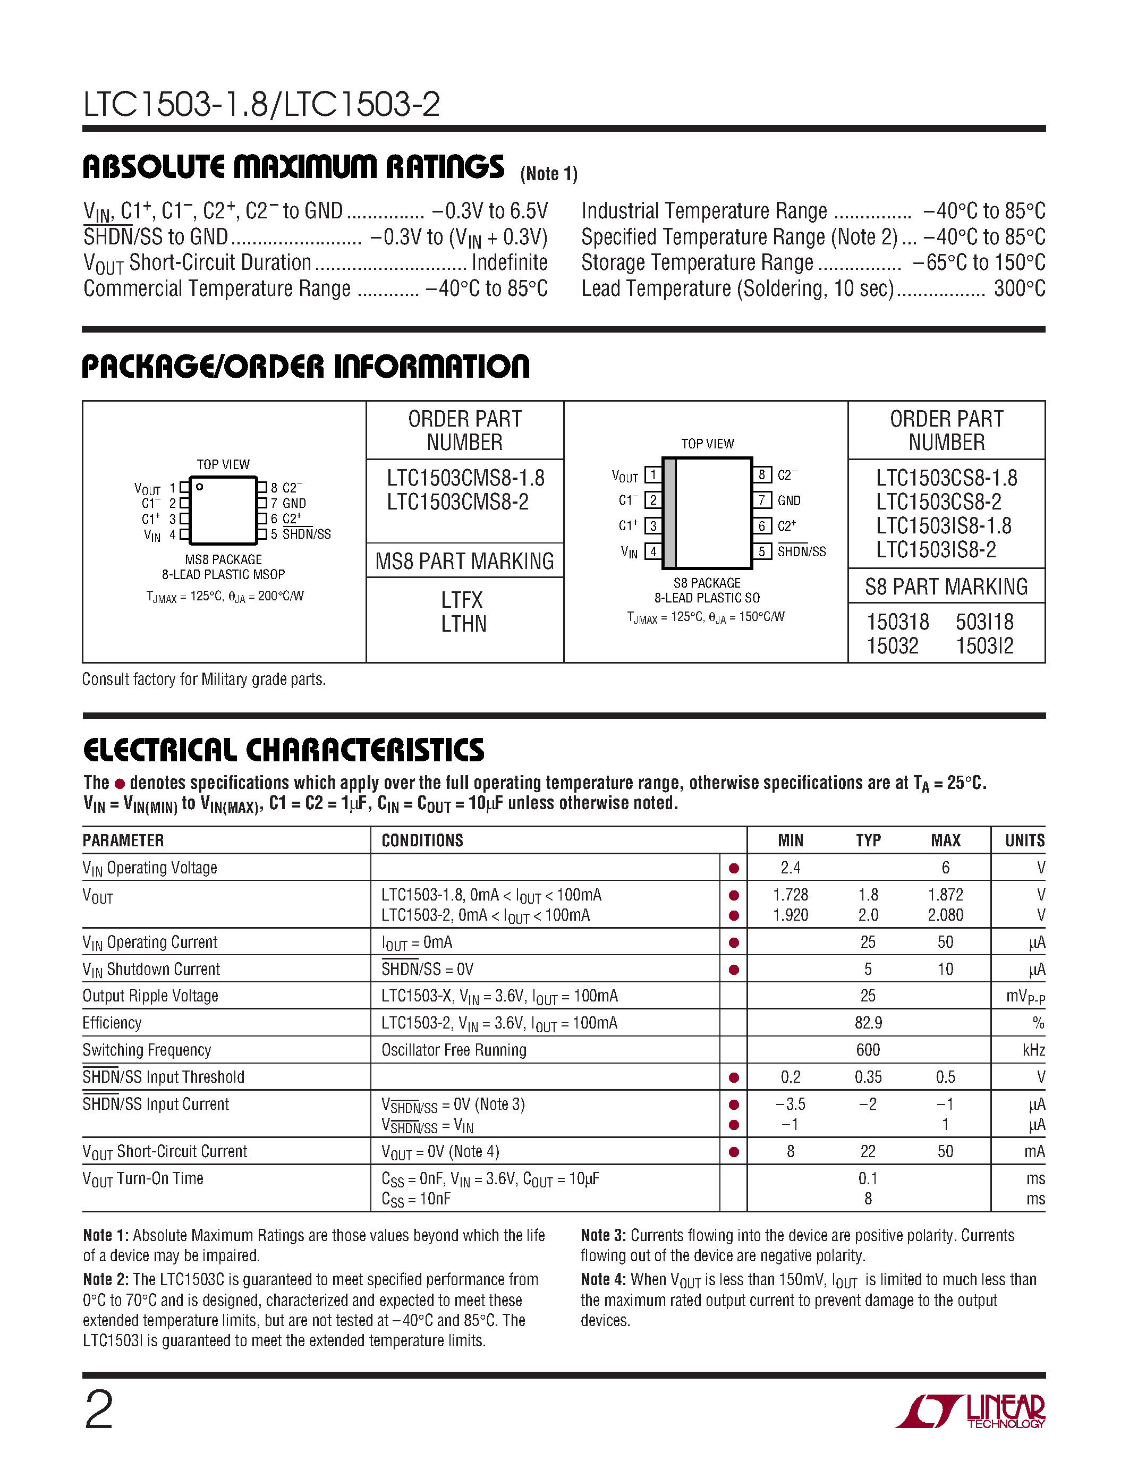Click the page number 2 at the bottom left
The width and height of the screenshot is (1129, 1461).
(x=99, y=1409)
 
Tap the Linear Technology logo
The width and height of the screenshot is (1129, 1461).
(x=971, y=1412)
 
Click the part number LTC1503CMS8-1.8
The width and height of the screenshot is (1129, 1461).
(x=465, y=478)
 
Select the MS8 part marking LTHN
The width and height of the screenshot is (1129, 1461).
(x=463, y=624)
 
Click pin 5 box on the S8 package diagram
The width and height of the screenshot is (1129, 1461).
(x=761, y=551)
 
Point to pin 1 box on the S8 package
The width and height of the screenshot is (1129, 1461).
(x=653, y=475)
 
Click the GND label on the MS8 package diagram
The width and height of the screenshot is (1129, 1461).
(x=294, y=503)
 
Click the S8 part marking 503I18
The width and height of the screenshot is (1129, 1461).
(x=984, y=622)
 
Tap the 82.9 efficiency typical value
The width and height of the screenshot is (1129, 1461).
(x=868, y=1023)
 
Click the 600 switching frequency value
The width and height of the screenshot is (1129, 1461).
(x=868, y=1050)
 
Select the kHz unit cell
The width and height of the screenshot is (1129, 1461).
(x=1033, y=1050)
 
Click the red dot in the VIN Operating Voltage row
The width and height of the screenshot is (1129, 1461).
(x=734, y=868)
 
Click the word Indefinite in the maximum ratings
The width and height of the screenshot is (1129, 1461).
(x=509, y=262)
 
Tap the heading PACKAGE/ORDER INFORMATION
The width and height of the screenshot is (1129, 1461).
(x=305, y=367)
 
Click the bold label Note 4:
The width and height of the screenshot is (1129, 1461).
(x=602, y=1280)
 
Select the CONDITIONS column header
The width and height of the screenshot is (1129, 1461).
(x=422, y=840)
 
